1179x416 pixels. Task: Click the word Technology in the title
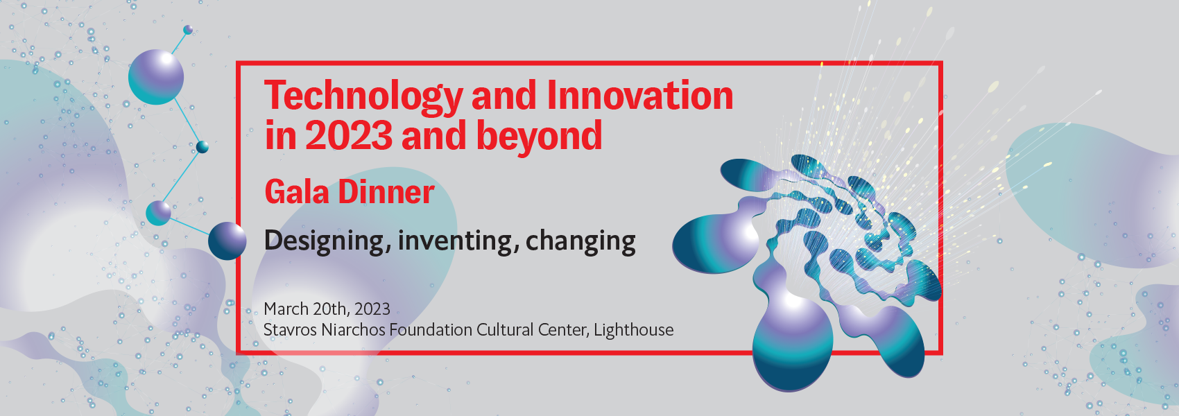pyautogui.click(x=363, y=97)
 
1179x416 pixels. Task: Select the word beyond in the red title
pyautogui.click(x=539, y=136)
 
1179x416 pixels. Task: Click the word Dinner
pyautogui.click(x=386, y=191)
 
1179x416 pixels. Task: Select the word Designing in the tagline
pyautogui.click(x=327, y=241)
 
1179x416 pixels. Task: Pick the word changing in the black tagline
pyautogui.click(x=580, y=241)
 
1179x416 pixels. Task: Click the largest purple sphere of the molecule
pyautogui.click(x=156, y=77)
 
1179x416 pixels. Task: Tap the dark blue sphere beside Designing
pyautogui.click(x=227, y=241)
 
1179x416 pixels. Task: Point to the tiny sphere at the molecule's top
pyautogui.click(x=188, y=29)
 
